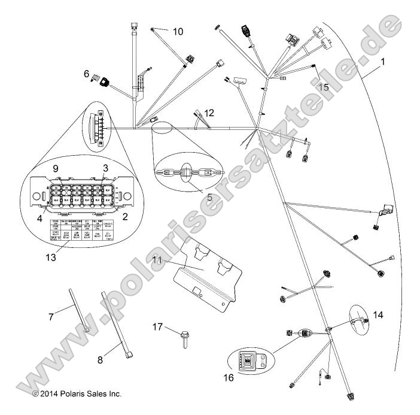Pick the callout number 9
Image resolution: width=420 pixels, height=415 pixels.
tap(56, 169)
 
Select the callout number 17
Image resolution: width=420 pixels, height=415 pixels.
tap(157, 326)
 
